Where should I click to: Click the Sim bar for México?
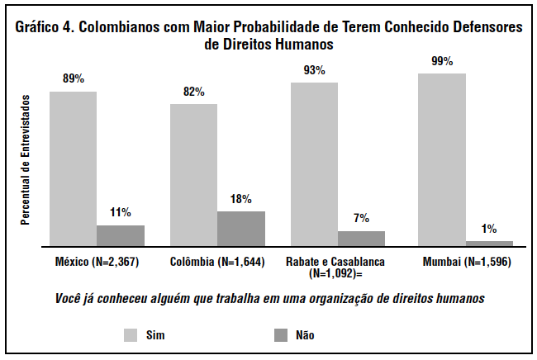point(73,168)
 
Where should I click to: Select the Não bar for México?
point(121,235)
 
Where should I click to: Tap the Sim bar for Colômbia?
point(194,175)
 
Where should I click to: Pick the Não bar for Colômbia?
point(241,229)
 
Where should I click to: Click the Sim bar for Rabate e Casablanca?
point(314,164)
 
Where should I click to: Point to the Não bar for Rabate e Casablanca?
point(361,239)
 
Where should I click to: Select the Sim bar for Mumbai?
point(442,159)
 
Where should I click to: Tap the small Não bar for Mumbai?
point(489,244)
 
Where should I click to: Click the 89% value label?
point(74,79)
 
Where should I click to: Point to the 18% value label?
point(241,199)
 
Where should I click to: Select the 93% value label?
point(314,70)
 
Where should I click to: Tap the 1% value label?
point(489,229)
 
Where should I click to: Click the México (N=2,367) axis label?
point(96,262)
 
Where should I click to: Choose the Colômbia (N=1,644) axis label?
point(217,262)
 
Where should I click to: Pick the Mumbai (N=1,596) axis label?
point(465,262)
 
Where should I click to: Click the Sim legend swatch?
point(131,334)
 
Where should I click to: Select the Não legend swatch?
point(280,334)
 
